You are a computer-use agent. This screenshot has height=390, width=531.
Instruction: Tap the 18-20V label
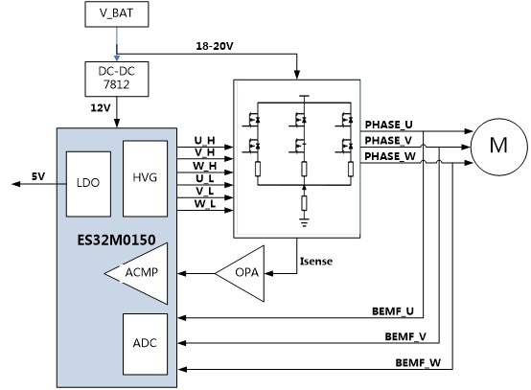[x=215, y=46]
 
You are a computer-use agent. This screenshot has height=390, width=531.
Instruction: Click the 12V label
[x=101, y=108]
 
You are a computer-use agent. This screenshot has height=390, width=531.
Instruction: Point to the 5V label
[x=38, y=176]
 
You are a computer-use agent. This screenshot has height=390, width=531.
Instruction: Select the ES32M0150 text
[x=117, y=240]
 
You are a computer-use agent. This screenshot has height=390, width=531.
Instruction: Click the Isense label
[x=316, y=261]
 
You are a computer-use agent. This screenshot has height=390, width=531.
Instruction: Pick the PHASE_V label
[x=388, y=140]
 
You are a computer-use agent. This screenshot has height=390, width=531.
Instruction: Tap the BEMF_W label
[x=418, y=363]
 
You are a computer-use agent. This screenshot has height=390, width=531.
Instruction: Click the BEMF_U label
[x=393, y=311]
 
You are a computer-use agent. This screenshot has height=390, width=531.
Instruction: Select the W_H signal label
[x=204, y=166]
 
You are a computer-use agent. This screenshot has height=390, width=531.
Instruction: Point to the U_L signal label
[x=204, y=178]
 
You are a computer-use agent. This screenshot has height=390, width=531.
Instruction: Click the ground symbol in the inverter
[x=304, y=222]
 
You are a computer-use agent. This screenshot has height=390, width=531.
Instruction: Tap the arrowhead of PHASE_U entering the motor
[x=469, y=131]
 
